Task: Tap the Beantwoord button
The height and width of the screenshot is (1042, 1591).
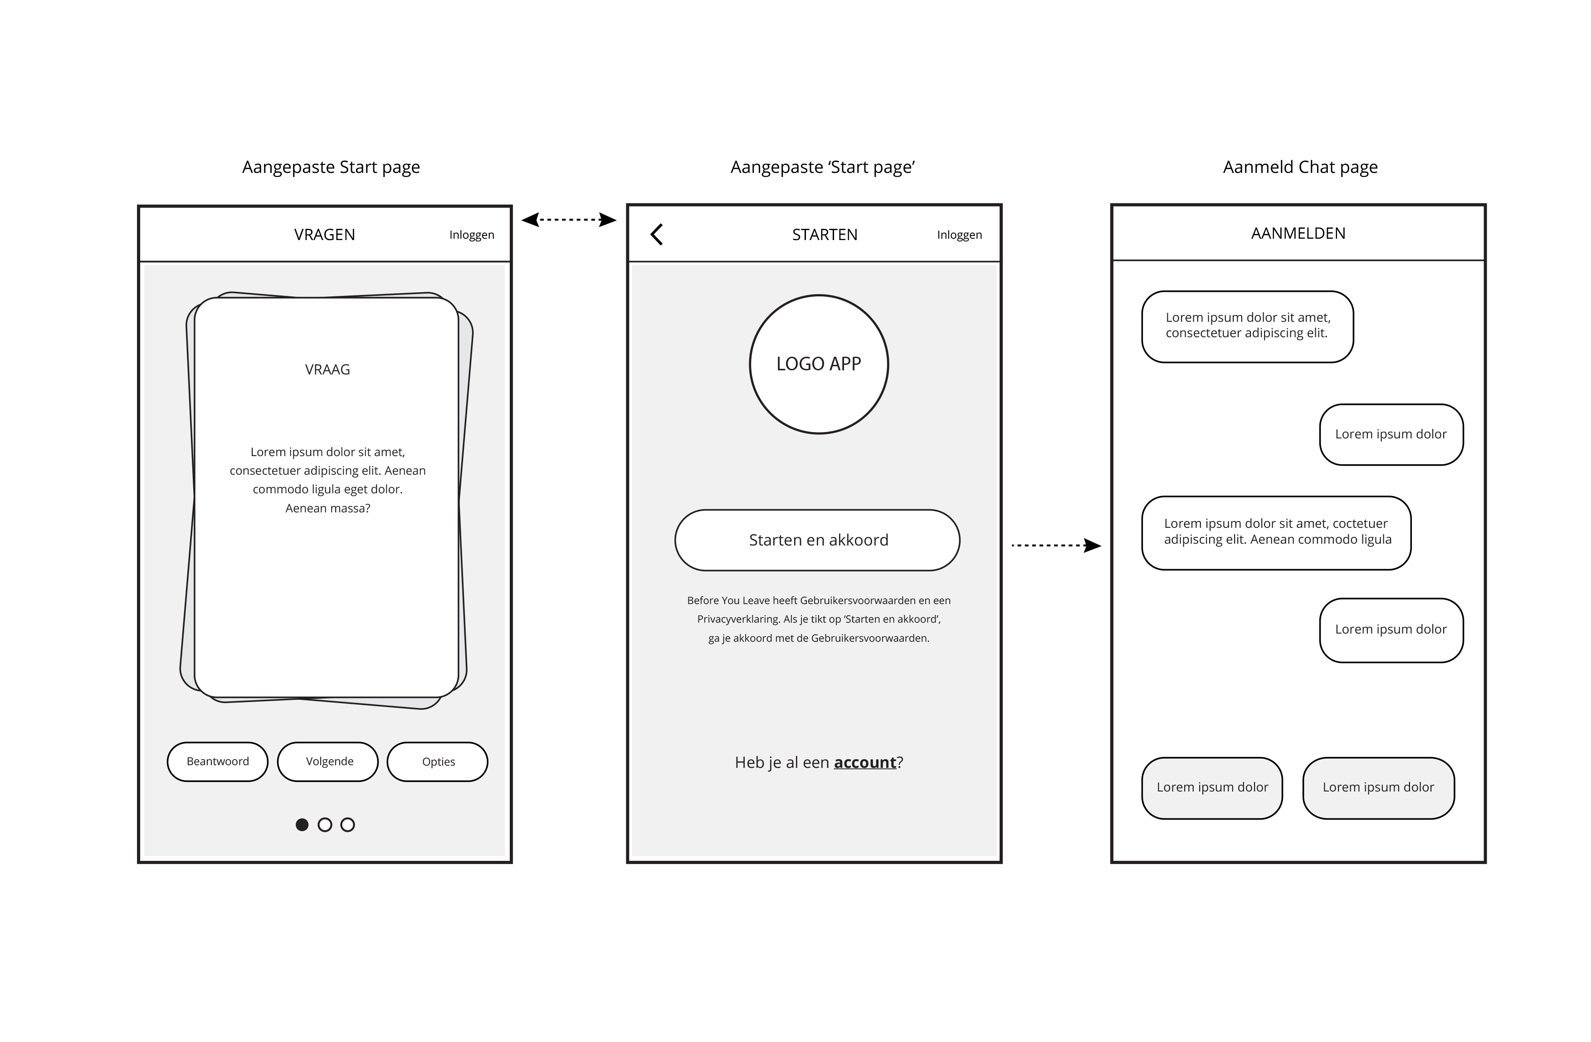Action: click(217, 762)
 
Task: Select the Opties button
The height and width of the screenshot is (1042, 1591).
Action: click(438, 762)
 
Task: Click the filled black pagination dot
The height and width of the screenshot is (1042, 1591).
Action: click(302, 825)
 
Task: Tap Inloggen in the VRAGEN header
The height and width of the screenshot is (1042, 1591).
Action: click(471, 235)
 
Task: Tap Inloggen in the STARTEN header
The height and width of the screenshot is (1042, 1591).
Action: click(959, 235)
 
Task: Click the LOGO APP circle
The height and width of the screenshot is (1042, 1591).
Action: click(818, 364)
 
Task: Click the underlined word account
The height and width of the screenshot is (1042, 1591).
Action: click(864, 762)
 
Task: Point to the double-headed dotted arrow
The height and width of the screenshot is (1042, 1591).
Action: click(569, 219)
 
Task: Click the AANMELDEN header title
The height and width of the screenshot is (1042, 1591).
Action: click(1298, 233)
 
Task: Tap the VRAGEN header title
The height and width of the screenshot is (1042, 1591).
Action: click(324, 235)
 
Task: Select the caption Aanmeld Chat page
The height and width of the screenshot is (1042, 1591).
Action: click(1299, 167)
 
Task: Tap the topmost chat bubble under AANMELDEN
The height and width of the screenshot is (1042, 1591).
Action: click(1247, 326)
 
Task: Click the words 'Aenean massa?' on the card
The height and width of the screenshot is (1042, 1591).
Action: click(327, 508)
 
